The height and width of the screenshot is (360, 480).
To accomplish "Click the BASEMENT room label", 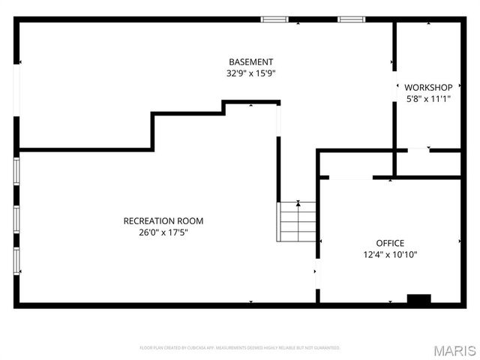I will (251, 61).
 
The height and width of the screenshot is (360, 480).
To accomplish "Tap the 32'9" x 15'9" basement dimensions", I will (251, 73).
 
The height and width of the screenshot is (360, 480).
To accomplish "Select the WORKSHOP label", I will (428, 87).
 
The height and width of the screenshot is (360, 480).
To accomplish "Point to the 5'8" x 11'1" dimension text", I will (428, 98).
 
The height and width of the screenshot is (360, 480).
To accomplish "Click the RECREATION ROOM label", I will (163, 220).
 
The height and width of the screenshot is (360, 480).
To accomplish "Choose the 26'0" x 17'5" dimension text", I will (163, 232).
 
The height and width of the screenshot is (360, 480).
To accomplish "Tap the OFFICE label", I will (390, 243).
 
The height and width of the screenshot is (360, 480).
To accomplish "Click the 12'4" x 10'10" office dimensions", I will (390, 254).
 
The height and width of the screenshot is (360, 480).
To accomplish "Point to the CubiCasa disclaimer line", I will (240, 348).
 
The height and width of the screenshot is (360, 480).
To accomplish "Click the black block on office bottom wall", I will (418, 298).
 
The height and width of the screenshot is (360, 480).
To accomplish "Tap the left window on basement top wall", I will (274, 19).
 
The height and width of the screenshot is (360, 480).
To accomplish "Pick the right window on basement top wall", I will (350, 19).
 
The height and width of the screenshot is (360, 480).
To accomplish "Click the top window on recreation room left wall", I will (16, 171).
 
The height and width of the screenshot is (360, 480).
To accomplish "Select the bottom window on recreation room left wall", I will (16, 260).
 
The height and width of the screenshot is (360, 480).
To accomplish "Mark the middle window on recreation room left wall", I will (16, 217).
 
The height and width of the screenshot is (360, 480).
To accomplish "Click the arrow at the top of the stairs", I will (298, 202).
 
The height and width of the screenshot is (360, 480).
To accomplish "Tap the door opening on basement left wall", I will (16, 94).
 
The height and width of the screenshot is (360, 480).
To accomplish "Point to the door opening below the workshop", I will (418, 151).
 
